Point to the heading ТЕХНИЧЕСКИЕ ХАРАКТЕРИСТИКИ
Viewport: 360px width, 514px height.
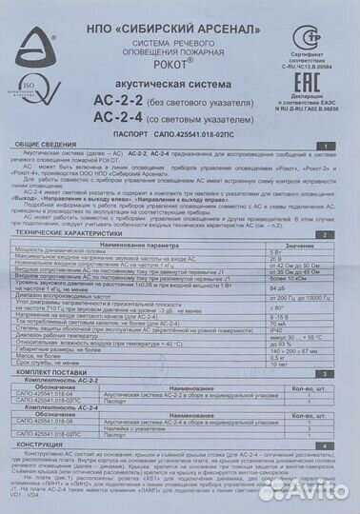pos(76,233)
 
